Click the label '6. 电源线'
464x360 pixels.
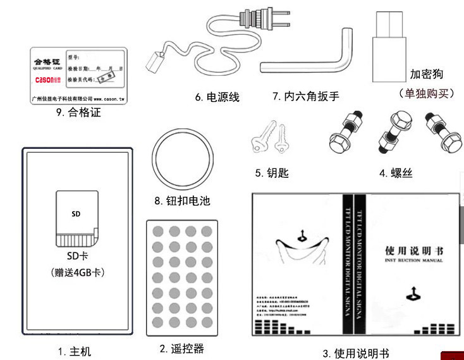tap(217, 97)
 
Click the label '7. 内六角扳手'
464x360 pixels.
tap(306, 97)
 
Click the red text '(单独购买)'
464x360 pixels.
tap(427, 94)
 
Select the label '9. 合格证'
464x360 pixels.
tap(78, 113)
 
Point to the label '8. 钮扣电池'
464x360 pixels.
tap(182, 201)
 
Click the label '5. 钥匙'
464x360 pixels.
tap(272, 173)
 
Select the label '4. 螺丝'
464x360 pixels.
tap(396, 173)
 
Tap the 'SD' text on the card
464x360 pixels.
tap(76, 214)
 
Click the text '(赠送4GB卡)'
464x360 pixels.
tap(77, 273)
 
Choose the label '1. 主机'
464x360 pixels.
tap(75, 351)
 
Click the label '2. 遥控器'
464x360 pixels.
tap(181, 349)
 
